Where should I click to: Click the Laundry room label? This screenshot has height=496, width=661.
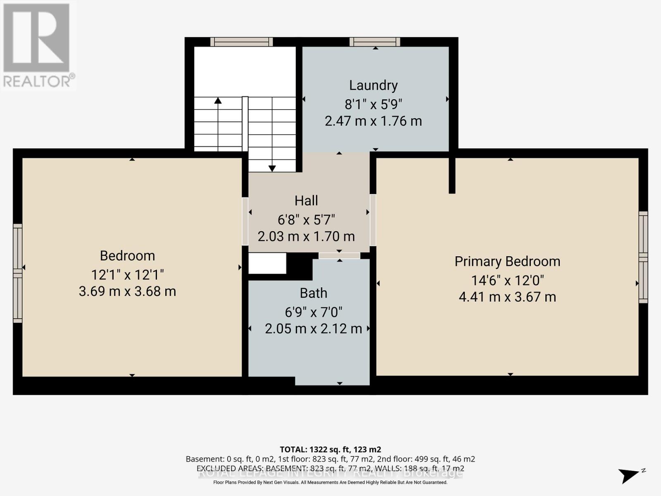(373, 85)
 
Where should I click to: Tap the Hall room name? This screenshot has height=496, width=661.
(306, 200)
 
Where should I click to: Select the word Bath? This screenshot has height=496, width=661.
(313, 293)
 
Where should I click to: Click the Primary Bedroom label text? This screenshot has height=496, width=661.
(507, 261)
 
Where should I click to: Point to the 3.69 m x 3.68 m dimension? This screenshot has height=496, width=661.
(127, 291)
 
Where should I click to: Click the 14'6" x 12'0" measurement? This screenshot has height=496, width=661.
(507, 281)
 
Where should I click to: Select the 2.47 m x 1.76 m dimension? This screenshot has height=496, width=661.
(373, 121)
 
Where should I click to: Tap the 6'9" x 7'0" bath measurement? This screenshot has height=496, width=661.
(314, 312)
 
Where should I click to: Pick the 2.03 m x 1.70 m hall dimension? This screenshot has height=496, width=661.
(306, 236)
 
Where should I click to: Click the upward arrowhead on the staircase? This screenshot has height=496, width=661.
(218, 100)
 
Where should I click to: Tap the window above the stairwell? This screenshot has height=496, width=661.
(241, 42)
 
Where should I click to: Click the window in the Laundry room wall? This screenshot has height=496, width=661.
(375, 42)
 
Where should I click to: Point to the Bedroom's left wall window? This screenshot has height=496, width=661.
(17, 273)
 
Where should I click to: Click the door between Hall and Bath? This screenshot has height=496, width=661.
(339, 256)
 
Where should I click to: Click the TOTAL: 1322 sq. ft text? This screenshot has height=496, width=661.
(330, 449)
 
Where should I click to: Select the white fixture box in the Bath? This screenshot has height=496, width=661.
(267, 263)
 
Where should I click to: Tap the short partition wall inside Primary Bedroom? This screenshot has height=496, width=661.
(452, 175)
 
